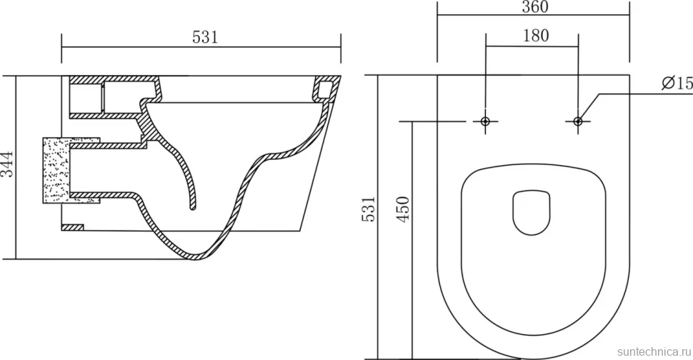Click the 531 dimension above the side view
(205, 37)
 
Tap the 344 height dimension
(8, 164)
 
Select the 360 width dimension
(535, 7)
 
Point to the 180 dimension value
(536, 35)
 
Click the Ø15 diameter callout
(677, 83)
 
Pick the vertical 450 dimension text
(403, 209)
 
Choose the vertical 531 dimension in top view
(369, 209)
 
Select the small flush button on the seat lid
(532, 212)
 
